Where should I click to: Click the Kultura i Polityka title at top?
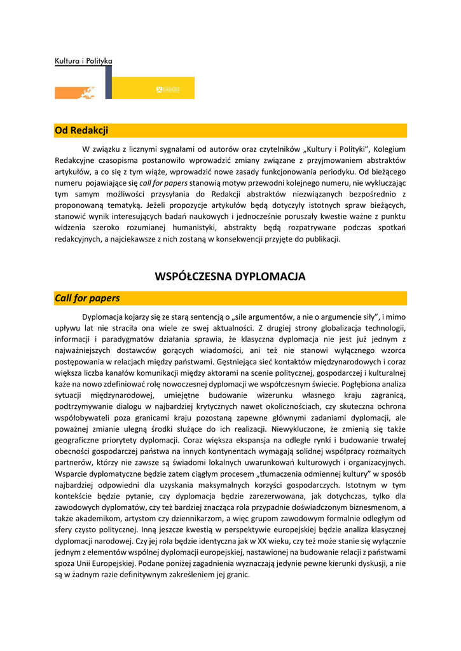[x=83, y=60]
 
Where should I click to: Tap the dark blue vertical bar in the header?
[x=109, y=82]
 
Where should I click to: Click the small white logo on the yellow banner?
[x=168, y=90]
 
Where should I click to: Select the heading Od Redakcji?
[x=81, y=130]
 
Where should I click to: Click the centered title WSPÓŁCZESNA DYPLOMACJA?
[x=230, y=277]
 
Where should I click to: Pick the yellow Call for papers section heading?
[x=87, y=298]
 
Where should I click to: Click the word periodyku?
[x=333, y=171]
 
